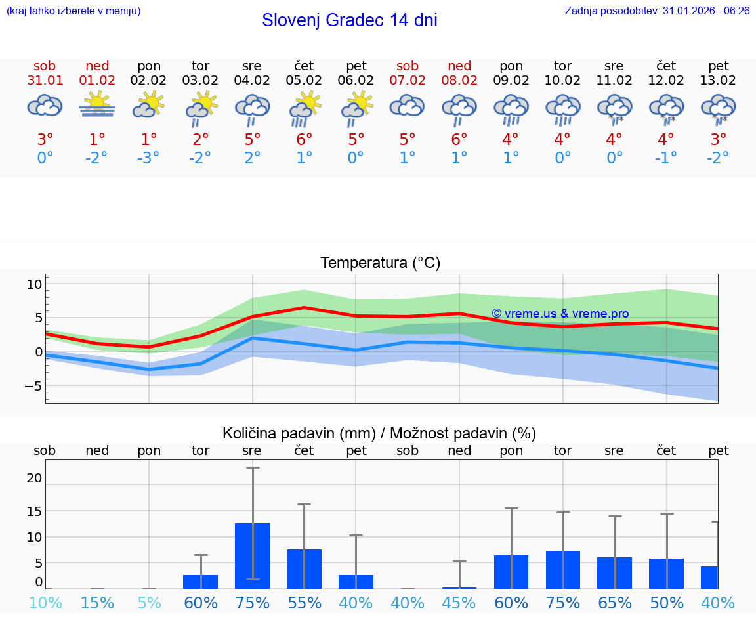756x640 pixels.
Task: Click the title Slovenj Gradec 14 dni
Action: pyautogui.click(x=349, y=20)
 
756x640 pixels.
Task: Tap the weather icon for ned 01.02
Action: pyautogui.click(x=97, y=105)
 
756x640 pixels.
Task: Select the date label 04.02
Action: pyautogui.click(x=251, y=80)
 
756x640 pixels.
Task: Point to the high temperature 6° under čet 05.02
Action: pyautogui.click(x=304, y=140)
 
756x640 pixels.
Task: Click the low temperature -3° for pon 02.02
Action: pyautogui.click(x=149, y=158)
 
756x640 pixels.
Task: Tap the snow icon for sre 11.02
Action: pyautogui.click(x=614, y=108)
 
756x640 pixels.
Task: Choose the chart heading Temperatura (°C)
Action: pyautogui.click(x=380, y=263)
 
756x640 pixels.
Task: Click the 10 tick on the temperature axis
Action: pyautogui.click(x=34, y=284)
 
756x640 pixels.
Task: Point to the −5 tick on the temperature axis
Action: pyautogui.click(x=33, y=386)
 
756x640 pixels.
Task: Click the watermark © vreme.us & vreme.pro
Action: pyautogui.click(x=560, y=314)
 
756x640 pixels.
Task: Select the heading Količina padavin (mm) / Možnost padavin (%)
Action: pyautogui.click(x=379, y=433)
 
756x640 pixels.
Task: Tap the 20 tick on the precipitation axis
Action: pyautogui.click(x=34, y=479)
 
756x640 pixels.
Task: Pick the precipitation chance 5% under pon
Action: pyautogui.click(x=149, y=603)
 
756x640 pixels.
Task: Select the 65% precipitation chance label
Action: pyautogui.click(x=614, y=603)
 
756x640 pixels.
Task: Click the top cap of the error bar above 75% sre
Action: pyautogui.click(x=253, y=467)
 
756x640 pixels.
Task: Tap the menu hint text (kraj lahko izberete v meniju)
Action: pyautogui.click(x=73, y=11)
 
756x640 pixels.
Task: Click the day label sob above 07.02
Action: pyautogui.click(x=408, y=66)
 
